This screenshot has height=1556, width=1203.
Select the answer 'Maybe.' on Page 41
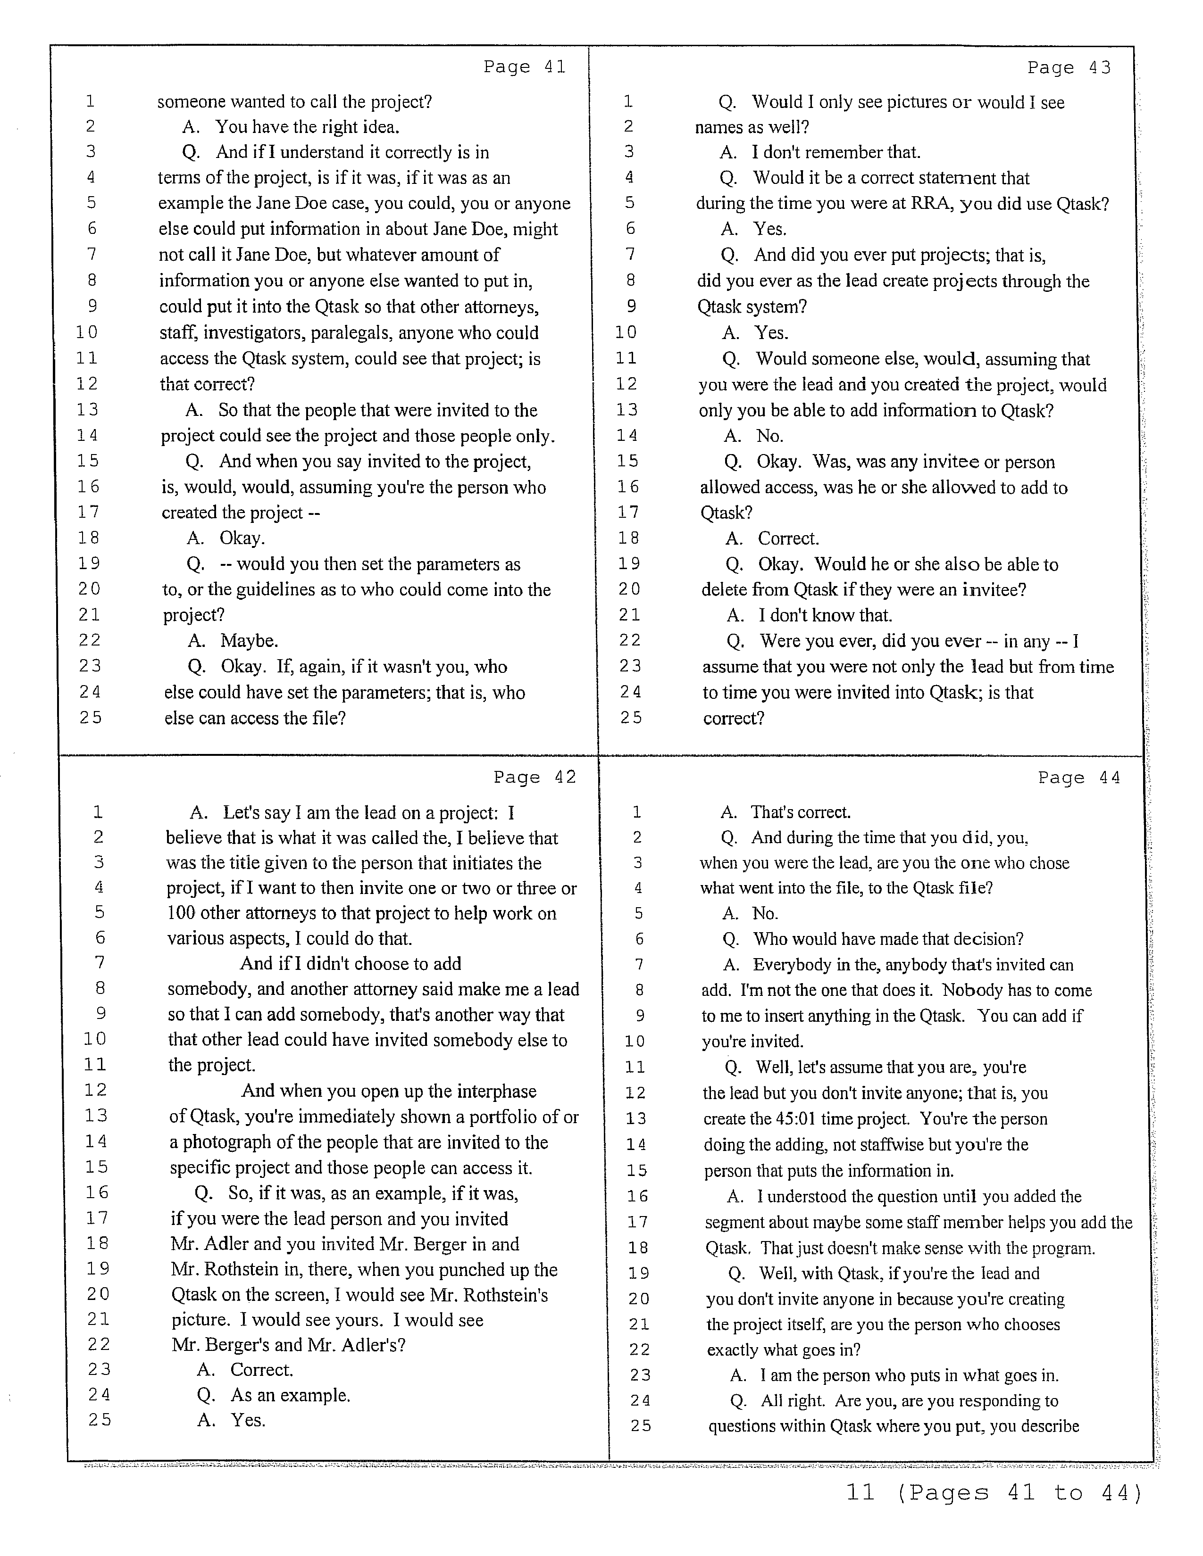click(249, 640)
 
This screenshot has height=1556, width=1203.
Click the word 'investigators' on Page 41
click(254, 333)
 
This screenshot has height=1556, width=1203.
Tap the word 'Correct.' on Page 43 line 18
click(788, 538)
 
